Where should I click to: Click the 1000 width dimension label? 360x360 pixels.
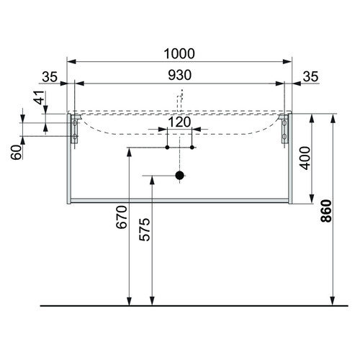point(179,54)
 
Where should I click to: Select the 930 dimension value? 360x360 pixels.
point(180,75)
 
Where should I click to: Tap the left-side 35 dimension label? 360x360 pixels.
point(50,77)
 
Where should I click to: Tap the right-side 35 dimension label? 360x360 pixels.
point(310,77)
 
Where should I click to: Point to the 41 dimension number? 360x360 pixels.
point(40,97)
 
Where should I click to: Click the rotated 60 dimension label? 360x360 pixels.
point(16,153)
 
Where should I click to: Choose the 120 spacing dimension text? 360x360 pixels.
point(179,122)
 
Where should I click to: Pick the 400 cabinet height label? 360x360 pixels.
point(305,158)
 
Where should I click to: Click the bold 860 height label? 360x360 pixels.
point(326,211)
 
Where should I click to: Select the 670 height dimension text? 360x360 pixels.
point(121,217)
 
